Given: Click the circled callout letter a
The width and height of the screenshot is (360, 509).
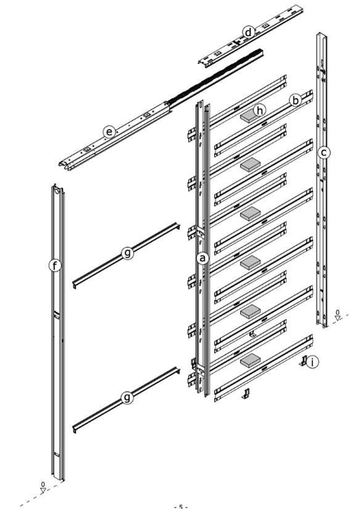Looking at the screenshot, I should (x=201, y=258).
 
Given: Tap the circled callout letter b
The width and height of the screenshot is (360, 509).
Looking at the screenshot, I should (x=296, y=99).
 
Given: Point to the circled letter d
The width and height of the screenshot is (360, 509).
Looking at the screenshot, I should (x=247, y=31).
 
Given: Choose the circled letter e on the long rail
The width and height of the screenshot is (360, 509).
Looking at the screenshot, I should (x=109, y=131).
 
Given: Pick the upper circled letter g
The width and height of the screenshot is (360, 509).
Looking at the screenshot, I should (x=127, y=253).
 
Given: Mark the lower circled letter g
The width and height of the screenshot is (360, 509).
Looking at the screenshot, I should (x=127, y=398).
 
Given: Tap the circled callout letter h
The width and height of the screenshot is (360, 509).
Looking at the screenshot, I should (x=261, y=110).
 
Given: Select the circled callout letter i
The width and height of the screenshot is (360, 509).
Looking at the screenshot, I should (x=314, y=362).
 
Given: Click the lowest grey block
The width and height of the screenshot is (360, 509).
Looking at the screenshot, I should (x=250, y=358).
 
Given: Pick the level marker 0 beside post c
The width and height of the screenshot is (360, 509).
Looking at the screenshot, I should (x=338, y=314).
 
